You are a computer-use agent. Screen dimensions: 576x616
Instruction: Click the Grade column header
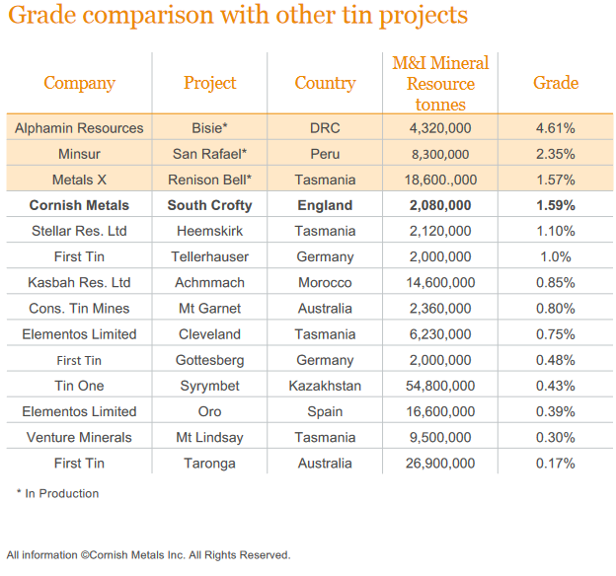tap(556, 83)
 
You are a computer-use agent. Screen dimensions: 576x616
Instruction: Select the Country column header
tap(325, 83)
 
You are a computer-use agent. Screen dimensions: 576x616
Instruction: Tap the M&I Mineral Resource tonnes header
tap(440, 83)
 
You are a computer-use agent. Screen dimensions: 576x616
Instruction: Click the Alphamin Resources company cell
tap(79, 128)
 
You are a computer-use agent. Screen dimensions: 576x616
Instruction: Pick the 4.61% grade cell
tap(556, 128)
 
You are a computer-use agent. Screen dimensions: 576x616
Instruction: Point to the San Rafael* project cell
tap(209, 154)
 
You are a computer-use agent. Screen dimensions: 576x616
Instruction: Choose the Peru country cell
tap(325, 154)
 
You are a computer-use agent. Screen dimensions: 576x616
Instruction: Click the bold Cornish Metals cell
tap(79, 205)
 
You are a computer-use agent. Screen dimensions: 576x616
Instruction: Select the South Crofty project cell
tap(209, 205)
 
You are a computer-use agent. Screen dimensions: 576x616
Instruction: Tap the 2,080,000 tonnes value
tap(440, 205)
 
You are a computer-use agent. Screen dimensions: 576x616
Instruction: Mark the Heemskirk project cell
tap(209, 231)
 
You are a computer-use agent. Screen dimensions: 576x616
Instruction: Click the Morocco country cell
tap(325, 282)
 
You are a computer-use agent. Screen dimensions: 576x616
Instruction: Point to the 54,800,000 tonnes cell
tap(440, 386)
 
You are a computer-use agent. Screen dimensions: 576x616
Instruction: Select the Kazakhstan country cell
tap(325, 386)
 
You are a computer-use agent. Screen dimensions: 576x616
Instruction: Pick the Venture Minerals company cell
tap(79, 437)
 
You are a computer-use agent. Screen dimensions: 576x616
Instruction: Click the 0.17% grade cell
tap(556, 463)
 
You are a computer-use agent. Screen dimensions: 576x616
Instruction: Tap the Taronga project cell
tap(209, 463)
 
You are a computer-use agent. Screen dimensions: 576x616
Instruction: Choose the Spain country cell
tap(325, 411)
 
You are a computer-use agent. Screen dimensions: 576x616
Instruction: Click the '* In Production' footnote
tap(57, 493)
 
